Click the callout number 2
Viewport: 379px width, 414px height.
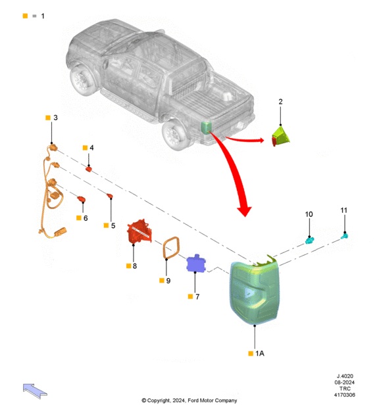[x=280, y=102]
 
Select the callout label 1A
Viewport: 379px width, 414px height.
[x=259, y=354]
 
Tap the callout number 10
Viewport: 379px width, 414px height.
[x=309, y=214]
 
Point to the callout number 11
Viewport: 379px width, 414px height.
[x=343, y=210]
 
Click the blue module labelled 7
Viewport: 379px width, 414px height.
[x=196, y=264]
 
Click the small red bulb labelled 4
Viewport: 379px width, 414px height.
[x=89, y=169]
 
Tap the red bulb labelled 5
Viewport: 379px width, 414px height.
[x=110, y=196]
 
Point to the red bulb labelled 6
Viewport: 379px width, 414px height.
[x=81, y=199]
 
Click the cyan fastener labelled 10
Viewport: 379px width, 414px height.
[x=309, y=241]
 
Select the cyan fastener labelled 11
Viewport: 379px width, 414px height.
[x=344, y=235]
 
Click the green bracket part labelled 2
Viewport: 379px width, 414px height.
[x=280, y=136]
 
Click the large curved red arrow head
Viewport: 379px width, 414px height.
[x=244, y=210]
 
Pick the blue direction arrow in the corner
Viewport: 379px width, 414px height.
[x=35, y=391]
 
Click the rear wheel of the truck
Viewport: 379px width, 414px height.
[x=175, y=135]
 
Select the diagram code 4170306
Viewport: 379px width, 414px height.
[x=344, y=395]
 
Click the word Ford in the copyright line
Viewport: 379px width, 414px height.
[x=193, y=401]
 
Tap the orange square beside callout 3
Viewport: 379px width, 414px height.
[x=48, y=118]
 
